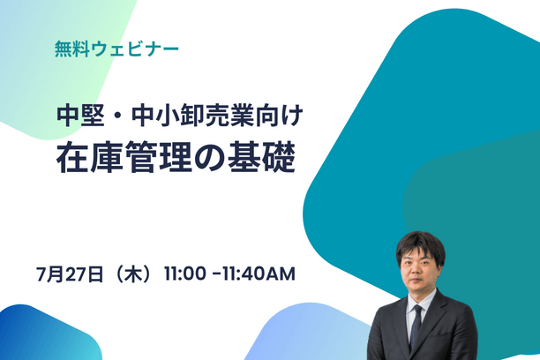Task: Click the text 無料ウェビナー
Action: click(x=116, y=47)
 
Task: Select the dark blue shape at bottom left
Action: click(x=40, y=335)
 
